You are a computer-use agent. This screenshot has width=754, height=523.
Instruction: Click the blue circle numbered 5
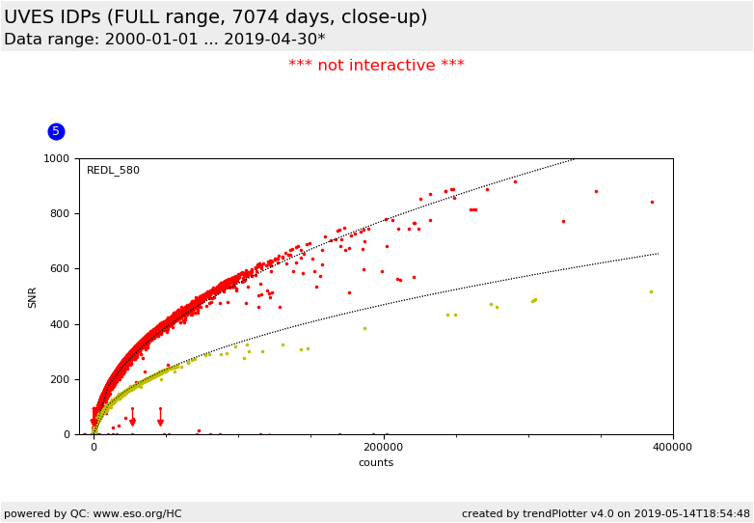click(56, 131)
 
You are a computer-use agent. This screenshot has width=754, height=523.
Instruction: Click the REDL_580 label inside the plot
click(113, 171)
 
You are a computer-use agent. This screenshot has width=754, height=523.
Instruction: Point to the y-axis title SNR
click(33, 296)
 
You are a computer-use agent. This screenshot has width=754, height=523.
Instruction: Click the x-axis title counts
click(376, 463)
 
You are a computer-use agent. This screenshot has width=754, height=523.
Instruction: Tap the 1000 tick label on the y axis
click(56, 158)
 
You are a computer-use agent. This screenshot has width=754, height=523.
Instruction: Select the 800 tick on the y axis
click(60, 214)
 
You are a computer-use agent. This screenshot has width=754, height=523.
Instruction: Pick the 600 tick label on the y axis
click(60, 269)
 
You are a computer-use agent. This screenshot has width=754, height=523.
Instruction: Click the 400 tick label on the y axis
click(60, 324)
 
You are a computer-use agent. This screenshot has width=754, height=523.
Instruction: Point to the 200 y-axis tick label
click(60, 379)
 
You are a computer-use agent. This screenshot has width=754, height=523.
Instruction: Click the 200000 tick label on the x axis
click(384, 448)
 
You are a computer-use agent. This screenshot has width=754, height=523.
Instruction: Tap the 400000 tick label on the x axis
click(672, 448)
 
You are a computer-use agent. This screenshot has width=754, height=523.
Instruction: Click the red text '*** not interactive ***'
click(376, 66)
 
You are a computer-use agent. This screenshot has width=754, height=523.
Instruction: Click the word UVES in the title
click(30, 17)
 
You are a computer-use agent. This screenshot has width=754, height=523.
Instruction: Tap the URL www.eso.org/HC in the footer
click(134, 513)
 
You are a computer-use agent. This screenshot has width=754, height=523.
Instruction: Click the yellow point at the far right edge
click(651, 291)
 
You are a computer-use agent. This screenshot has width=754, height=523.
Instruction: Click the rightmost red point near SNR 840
click(652, 202)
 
